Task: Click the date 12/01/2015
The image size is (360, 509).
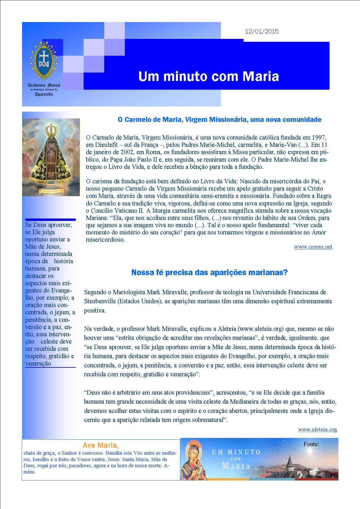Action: tap(262, 32)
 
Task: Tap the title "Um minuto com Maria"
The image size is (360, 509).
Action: tap(208, 77)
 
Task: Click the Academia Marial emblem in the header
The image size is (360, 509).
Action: tap(44, 61)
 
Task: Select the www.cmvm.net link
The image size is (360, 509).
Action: tap(313, 247)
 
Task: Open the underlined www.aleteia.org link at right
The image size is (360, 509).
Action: tap(317, 429)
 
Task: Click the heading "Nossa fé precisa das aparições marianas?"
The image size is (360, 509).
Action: tap(209, 272)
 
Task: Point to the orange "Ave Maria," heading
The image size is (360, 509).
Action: tap(100, 445)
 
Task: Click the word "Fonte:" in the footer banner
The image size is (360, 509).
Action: tap(311, 444)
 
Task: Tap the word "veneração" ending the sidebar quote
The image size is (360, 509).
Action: tap(38, 364)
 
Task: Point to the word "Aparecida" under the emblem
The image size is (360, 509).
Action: tap(44, 95)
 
